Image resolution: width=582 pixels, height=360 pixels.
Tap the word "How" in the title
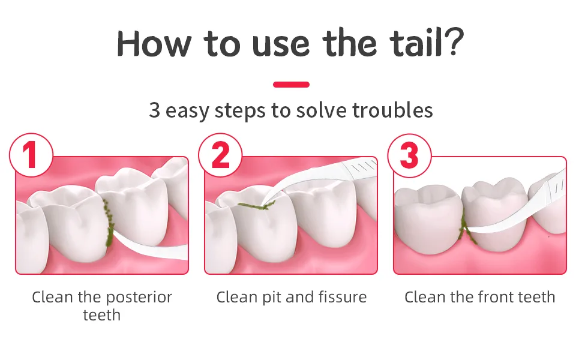click(x=154, y=44)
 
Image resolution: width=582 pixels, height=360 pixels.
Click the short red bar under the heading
click(x=291, y=85)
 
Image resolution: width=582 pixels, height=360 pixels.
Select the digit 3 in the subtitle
click(x=154, y=110)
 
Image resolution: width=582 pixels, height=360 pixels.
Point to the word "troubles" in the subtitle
click(x=393, y=110)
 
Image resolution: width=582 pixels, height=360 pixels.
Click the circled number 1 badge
click(x=31, y=155)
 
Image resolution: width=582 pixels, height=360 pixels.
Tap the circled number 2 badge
click(x=220, y=155)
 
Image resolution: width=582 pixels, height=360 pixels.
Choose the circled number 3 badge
click(x=409, y=155)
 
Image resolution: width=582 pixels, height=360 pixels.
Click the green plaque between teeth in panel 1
click(x=109, y=223)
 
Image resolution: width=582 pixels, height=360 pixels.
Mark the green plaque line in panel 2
click(x=256, y=205)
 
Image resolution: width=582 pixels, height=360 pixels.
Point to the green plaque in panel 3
click(x=465, y=226)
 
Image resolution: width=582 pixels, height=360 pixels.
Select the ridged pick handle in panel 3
click(x=555, y=187)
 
